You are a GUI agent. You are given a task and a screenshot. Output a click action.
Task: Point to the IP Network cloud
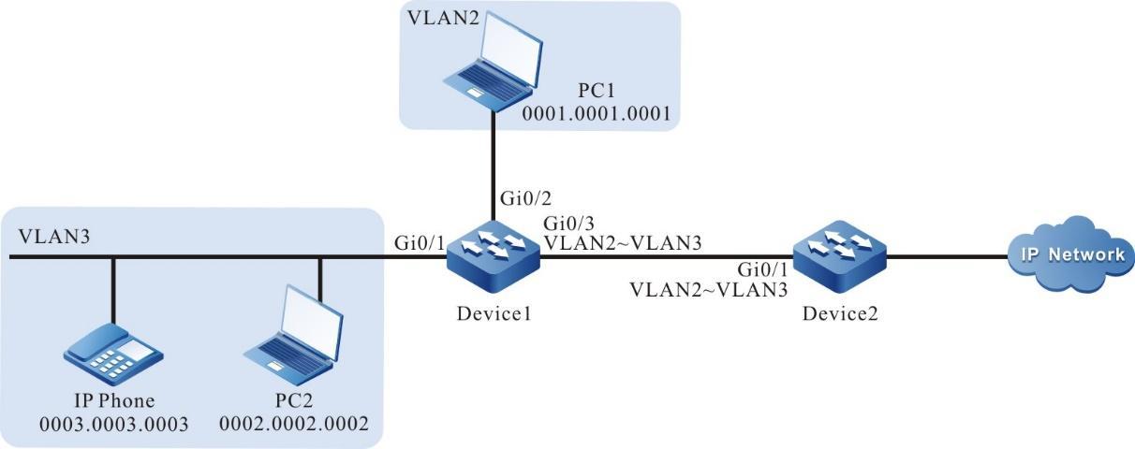coord(1069,254)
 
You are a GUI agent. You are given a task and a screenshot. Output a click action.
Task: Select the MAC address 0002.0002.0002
coord(294,424)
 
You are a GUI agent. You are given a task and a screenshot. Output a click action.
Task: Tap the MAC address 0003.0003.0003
coord(113,424)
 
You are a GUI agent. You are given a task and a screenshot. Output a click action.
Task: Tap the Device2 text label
coord(835,311)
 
